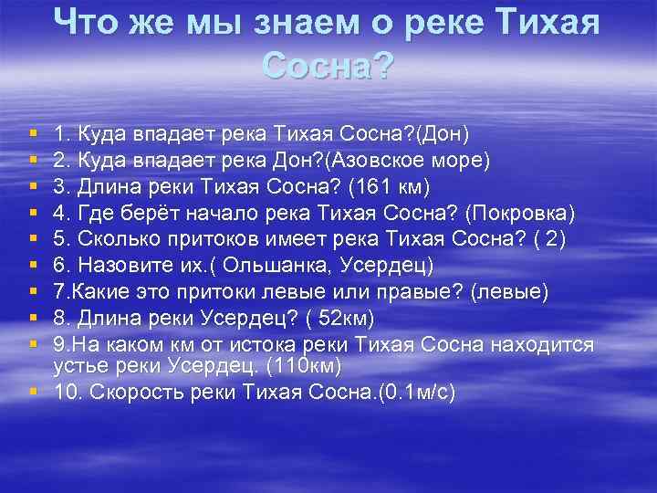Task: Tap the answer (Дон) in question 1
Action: [x=442, y=135]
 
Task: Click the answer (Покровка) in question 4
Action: [x=519, y=213]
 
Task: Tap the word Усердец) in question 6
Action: [x=392, y=266]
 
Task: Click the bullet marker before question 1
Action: [x=33, y=135]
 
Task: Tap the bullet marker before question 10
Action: [x=33, y=393]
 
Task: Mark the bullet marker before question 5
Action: [x=33, y=239]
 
